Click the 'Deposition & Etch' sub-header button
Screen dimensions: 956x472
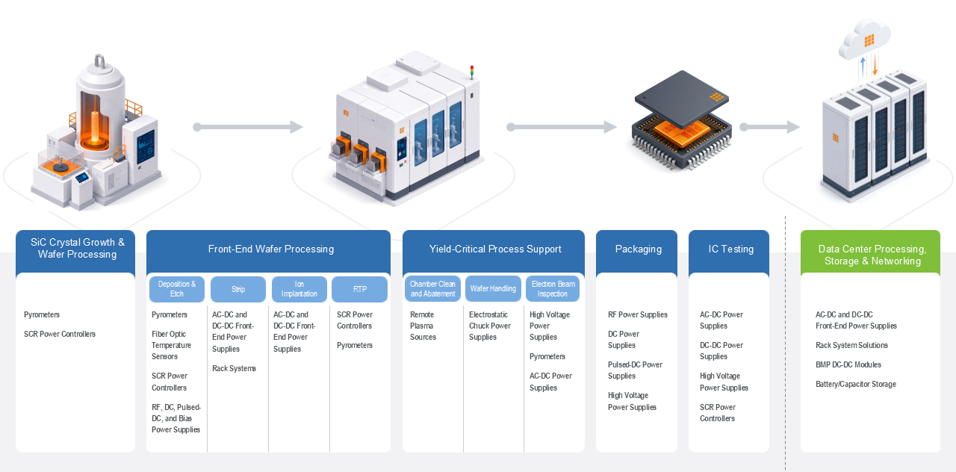tap(177, 289)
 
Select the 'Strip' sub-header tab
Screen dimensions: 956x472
tap(238, 289)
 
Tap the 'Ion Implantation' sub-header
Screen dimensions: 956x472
tap(299, 289)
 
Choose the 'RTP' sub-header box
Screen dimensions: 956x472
tap(359, 289)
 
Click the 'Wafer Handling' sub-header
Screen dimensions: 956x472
tap(493, 289)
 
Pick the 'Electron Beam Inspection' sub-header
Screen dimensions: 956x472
tap(553, 289)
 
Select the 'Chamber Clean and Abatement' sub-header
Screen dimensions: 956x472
tap(432, 289)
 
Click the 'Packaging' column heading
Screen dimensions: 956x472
tap(638, 249)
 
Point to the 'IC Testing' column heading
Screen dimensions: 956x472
tap(730, 249)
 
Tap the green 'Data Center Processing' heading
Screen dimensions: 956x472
tap(872, 255)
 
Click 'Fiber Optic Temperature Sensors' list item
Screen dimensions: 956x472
tap(171, 345)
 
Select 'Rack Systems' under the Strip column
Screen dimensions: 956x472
tap(234, 368)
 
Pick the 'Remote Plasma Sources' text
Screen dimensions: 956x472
tap(423, 326)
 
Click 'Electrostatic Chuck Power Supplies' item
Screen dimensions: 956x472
tap(489, 326)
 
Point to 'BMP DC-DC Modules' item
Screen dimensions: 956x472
tap(848, 364)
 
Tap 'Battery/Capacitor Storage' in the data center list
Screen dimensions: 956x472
tap(856, 384)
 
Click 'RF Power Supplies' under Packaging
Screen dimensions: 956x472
tap(638, 314)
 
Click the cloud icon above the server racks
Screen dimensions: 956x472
tap(864, 40)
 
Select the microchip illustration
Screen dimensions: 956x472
tap(682, 122)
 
